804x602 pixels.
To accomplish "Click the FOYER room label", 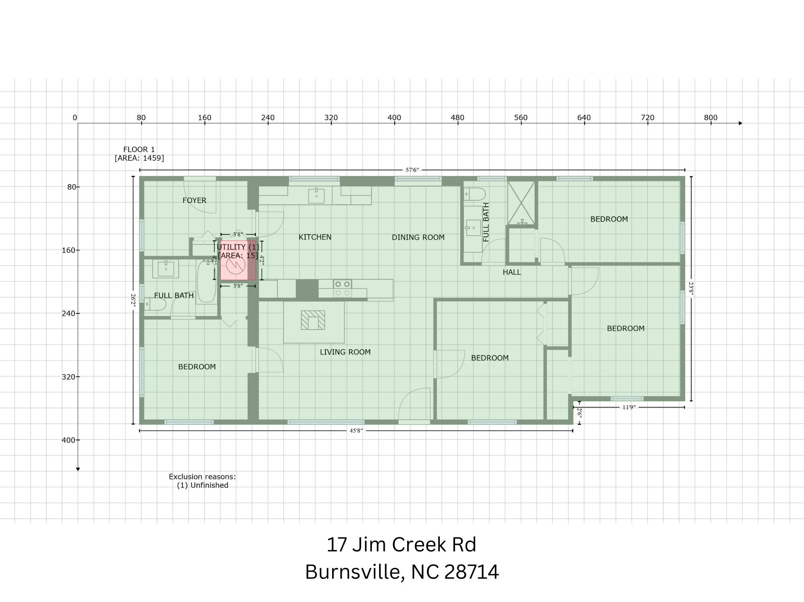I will click(194, 200).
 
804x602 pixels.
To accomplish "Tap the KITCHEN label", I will click(315, 237).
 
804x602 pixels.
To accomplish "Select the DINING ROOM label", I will click(418, 237).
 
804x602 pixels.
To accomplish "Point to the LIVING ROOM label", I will click(345, 352).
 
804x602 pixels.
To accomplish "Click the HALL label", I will click(512, 272).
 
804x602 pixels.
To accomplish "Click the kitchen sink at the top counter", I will click(316, 196).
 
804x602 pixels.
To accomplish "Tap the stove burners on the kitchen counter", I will click(343, 288).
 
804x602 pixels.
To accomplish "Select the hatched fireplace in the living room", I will click(313, 320).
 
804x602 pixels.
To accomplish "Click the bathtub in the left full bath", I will click(207, 281).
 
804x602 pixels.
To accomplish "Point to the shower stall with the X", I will click(521, 203).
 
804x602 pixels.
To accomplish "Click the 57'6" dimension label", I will click(412, 170).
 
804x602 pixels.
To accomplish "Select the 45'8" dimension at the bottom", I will click(356, 431).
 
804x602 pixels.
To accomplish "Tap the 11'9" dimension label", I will click(629, 407).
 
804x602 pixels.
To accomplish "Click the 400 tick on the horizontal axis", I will click(394, 118).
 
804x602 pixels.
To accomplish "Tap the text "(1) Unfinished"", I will click(203, 485).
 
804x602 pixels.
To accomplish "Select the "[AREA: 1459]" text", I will click(139, 158).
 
